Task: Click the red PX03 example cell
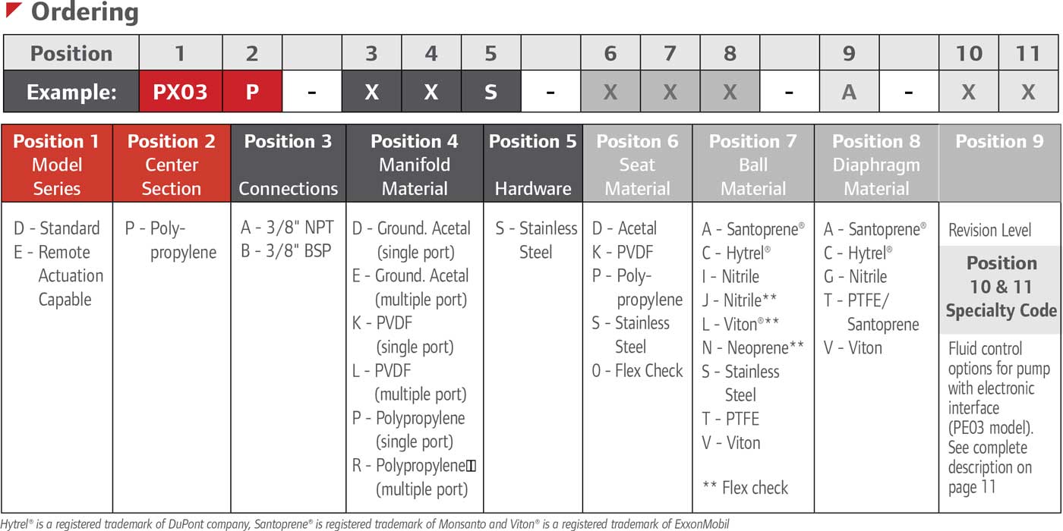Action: pyautogui.click(x=180, y=92)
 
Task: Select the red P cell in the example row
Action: pyautogui.click(x=252, y=92)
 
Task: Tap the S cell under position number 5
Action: pyautogui.click(x=490, y=92)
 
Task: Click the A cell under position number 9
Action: pyautogui.click(x=849, y=92)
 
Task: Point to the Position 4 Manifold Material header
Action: pyautogui.click(x=415, y=165)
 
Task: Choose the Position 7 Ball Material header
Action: pyautogui.click(x=753, y=165)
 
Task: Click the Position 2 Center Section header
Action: pyautogui.click(x=172, y=165)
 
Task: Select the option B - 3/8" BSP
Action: pyautogui.click(x=286, y=251)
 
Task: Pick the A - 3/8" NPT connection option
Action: pyautogui.click(x=286, y=228)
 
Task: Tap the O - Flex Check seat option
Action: pyautogui.click(x=638, y=371)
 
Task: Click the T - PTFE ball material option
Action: pyautogui.click(x=730, y=419)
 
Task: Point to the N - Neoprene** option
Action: pyautogui.click(x=752, y=348)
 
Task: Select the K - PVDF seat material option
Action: pyautogui.click(x=623, y=252)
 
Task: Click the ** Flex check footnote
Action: pyautogui.click(x=746, y=488)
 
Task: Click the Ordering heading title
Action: pyautogui.click(x=84, y=13)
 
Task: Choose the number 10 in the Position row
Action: pyautogui.click(x=969, y=54)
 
